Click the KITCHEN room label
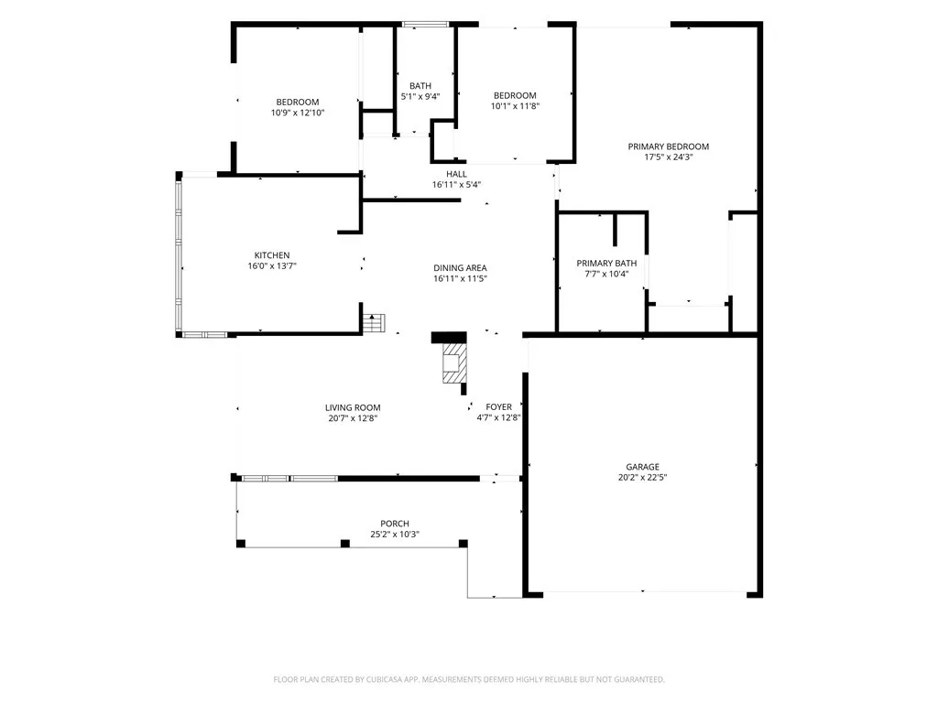(272, 255)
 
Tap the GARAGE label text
(642, 467)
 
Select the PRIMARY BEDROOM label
(668, 146)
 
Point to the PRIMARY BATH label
(606, 263)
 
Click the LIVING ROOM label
(353, 407)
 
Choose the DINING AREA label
(460, 268)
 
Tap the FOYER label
(499, 407)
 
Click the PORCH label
(395, 524)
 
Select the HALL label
(456, 174)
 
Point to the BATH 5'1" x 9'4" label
(420, 91)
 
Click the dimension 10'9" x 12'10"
(298, 113)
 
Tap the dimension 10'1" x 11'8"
(515, 106)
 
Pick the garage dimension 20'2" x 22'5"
(642, 478)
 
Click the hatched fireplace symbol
(454, 362)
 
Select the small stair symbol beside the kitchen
(374, 323)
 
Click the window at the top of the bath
(425, 25)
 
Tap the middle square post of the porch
(345, 544)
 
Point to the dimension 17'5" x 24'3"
(668, 157)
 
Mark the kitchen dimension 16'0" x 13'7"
(272, 266)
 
